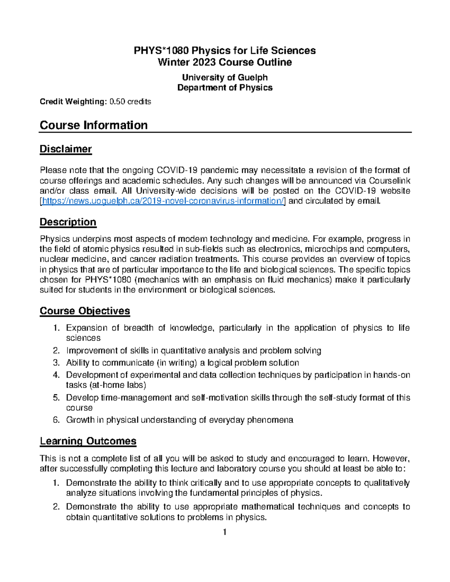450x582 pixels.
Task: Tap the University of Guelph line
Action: pos(225,78)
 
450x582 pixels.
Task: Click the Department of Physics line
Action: pos(225,88)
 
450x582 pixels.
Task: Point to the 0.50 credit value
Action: pos(117,102)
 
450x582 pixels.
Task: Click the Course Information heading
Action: pos(93,125)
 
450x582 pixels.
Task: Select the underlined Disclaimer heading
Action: pos(66,149)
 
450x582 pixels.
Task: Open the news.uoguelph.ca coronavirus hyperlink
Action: pos(163,201)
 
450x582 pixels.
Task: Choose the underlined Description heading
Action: pos(68,222)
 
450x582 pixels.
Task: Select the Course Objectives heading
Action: pos(85,311)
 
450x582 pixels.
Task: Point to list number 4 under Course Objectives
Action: pos(56,375)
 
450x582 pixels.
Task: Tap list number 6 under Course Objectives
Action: pos(56,420)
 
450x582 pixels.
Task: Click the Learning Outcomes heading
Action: pos(88,441)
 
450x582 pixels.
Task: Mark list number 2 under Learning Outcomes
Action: pos(56,507)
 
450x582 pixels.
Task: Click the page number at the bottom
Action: pos(225,532)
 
